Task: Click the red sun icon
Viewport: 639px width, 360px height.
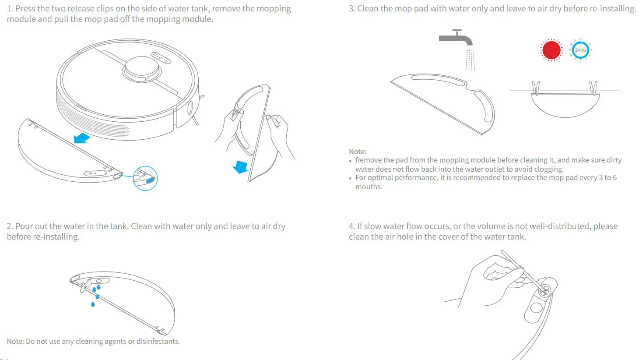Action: point(551,50)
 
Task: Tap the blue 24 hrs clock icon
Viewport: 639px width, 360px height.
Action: point(580,50)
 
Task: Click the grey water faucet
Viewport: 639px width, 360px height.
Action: point(456,38)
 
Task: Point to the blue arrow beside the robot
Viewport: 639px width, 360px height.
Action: point(81,138)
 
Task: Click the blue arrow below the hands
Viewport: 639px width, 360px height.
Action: point(240,167)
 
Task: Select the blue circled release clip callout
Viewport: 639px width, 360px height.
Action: point(145,178)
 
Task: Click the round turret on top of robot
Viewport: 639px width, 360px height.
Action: point(141,68)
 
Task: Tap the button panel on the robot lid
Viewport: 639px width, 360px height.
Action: point(161,58)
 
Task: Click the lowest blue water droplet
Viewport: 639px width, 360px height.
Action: point(93,304)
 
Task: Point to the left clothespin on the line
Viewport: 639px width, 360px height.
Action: point(536,88)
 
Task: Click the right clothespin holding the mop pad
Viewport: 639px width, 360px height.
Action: point(593,88)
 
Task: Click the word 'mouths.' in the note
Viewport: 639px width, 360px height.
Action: point(369,187)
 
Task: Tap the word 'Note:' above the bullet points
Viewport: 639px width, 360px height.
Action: point(358,152)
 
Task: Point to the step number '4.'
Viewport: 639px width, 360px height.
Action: point(352,226)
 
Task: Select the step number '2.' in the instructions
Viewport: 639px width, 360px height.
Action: point(10,226)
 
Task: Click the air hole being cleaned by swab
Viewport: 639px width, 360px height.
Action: point(544,290)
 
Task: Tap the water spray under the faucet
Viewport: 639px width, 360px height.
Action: point(470,60)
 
